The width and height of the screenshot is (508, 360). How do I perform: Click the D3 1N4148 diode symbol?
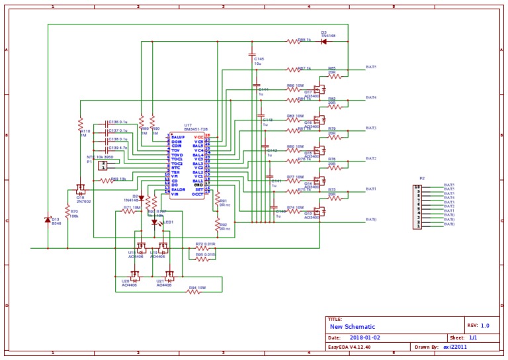pyautogui.click(x=324, y=41)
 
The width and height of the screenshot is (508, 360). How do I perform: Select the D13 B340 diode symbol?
pyautogui.click(x=48, y=220)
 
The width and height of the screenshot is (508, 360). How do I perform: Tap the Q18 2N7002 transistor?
pyautogui.click(x=81, y=189)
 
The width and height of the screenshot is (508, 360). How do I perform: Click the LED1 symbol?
pyautogui.click(x=155, y=222)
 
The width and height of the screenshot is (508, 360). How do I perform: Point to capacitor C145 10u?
pyautogui.click(x=252, y=54)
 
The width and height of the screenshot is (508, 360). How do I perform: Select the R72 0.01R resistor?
pyautogui.click(x=202, y=248)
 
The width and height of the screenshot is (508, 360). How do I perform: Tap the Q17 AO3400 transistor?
pyautogui.click(x=319, y=88)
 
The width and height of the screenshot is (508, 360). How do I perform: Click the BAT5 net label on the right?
pyautogui.click(x=371, y=67)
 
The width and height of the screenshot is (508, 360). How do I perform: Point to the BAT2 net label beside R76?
pyautogui.click(x=371, y=159)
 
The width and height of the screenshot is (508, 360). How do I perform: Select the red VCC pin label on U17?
pyautogui.click(x=198, y=137)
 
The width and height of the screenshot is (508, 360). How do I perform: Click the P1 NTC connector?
pyautogui.click(x=102, y=165)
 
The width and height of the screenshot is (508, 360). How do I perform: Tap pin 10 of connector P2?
pyautogui.click(x=417, y=187)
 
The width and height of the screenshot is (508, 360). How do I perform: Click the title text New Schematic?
pyautogui.click(x=353, y=327)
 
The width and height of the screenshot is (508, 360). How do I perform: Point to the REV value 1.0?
pyautogui.click(x=485, y=326)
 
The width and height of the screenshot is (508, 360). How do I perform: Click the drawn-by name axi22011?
pyautogui.click(x=455, y=347)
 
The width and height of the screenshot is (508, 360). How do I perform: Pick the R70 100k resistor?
pyautogui.click(x=68, y=211)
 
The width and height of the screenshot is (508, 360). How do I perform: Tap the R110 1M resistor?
pyautogui.click(x=80, y=124)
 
